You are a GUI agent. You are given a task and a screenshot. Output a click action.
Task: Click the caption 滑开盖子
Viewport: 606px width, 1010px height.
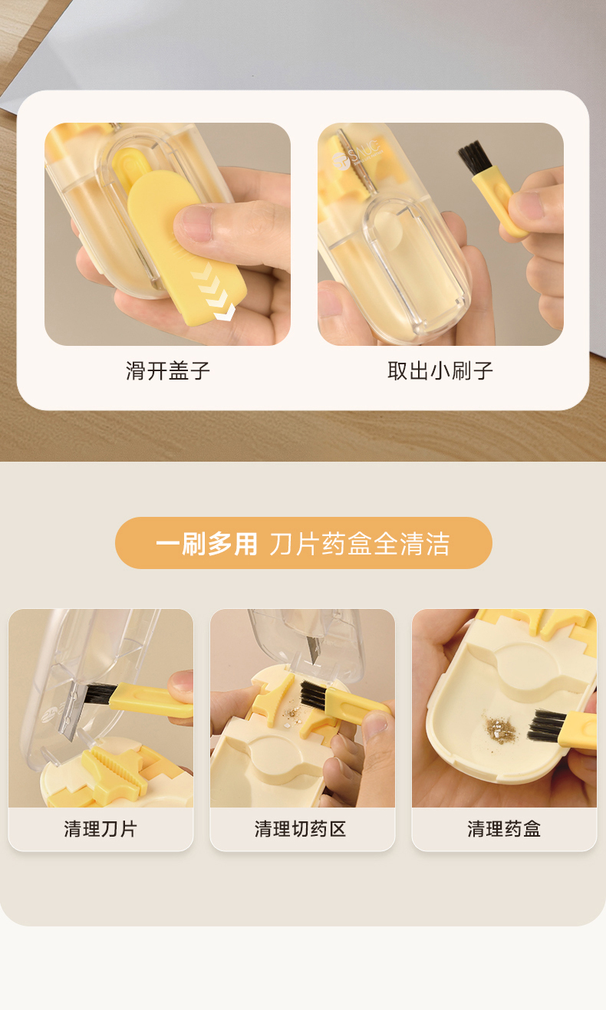pyautogui.click(x=168, y=370)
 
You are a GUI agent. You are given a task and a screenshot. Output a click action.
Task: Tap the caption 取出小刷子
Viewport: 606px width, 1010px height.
pyautogui.click(x=440, y=370)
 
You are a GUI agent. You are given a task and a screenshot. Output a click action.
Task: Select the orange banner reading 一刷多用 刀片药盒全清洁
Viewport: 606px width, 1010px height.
pyautogui.click(x=304, y=543)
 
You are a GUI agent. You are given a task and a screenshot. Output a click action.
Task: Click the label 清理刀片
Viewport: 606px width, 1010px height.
pyautogui.click(x=100, y=829)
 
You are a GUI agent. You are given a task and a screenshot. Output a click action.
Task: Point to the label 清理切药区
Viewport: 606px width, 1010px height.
pyautogui.click(x=300, y=829)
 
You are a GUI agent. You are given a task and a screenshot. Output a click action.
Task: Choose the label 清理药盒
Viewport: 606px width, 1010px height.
pyautogui.click(x=504, y=829)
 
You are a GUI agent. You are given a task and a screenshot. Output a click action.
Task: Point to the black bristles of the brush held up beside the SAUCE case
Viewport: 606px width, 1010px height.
pyautogui.click(x=475, y=158)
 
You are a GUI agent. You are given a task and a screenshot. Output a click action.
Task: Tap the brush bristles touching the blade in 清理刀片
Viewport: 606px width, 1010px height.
pyautogui.click(x=100, y=694)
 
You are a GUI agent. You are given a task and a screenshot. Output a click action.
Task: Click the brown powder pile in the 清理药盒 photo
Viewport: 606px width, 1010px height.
pyautogui.click(x=499, y=727)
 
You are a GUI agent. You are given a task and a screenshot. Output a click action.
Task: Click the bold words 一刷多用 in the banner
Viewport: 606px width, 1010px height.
pyautogui.click(x=206, y=544)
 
